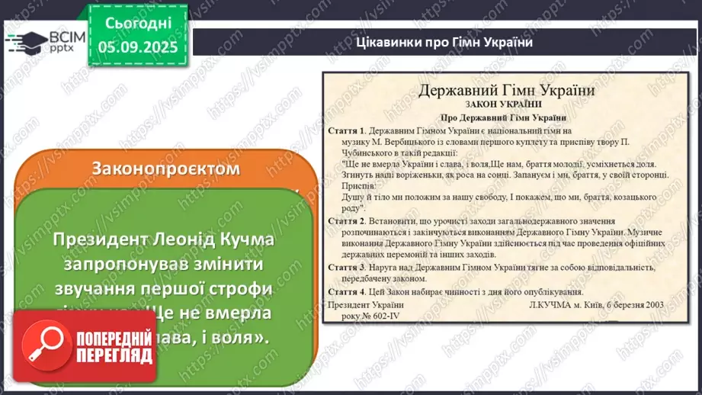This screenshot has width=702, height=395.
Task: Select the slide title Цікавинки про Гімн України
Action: coord(444,42)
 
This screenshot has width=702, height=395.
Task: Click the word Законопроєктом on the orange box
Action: coord(165,168)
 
